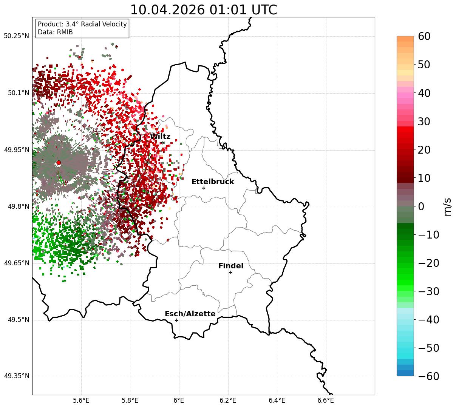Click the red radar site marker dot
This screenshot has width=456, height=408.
[59, 163]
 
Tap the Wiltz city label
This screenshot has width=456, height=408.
[160, 136]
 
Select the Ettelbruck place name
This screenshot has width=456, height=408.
[213, 182]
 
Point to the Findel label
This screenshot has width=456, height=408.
[231, 266]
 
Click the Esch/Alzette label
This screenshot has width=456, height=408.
[190, 314]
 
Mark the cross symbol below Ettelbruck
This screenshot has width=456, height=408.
[204, 188]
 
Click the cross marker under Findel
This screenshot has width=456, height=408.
[230, 273]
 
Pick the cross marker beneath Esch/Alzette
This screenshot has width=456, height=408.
[176, 320]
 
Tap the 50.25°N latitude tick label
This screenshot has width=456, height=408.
[16, 36]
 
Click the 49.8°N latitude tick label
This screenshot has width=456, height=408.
[19, 206]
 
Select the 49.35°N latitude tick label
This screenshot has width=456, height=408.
[16, 376]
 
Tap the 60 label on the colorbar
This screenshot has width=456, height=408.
[424, 36]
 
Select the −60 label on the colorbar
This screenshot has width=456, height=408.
[428, 376]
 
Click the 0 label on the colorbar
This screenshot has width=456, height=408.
[421, 206]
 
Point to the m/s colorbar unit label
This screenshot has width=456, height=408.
[447, 207]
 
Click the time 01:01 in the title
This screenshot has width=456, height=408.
[228, 10]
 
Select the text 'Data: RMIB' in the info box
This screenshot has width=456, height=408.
[55, 32]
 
